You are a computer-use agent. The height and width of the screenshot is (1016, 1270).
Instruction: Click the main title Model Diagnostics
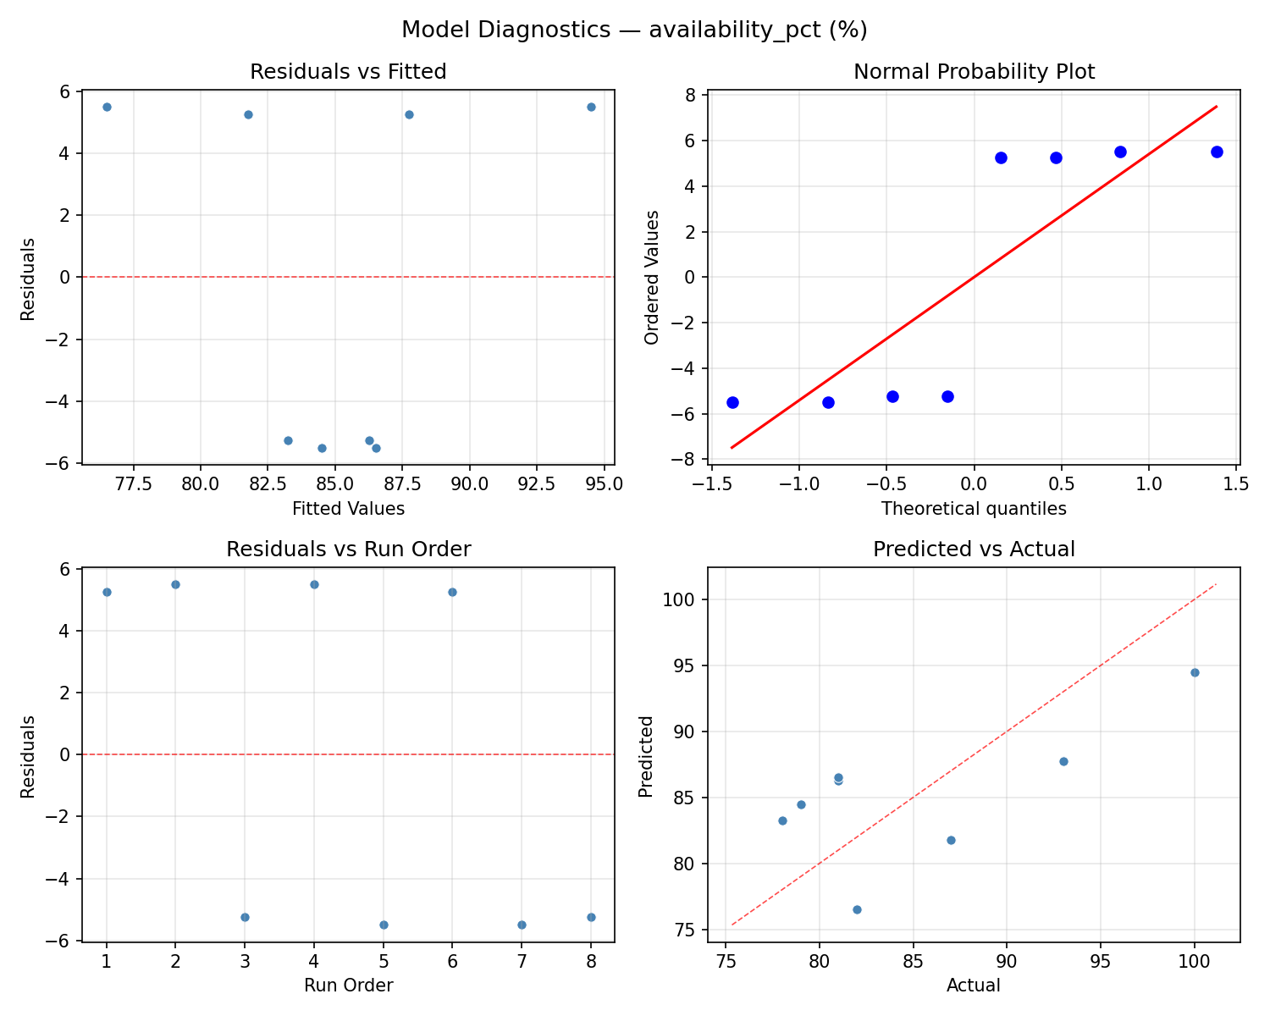[634, 30]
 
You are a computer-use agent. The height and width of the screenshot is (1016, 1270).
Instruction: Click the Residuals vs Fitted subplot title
[348, 72]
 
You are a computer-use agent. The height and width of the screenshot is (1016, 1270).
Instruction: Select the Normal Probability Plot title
[974, 72]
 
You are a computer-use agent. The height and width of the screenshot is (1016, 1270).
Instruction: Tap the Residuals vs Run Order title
[348, 549]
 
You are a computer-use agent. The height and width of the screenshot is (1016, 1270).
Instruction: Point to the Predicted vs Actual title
[974, 549]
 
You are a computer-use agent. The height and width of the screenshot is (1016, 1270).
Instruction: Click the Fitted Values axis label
[348, 509]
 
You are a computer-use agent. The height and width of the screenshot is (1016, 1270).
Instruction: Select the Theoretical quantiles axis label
[974, 509]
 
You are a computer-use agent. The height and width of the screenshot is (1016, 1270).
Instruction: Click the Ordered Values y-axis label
[651, 277]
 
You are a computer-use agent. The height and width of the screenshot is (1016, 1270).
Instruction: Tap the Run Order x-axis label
[348, 986]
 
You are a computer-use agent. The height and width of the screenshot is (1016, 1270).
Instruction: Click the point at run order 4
[314, 584]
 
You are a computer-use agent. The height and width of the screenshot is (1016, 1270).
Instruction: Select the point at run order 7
[522, 925]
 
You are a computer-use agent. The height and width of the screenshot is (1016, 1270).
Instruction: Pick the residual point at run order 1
[107, 592]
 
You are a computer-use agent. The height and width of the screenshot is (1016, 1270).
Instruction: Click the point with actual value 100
[1195, 672]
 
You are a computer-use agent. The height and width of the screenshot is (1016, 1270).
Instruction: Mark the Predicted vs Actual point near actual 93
[1063, 761]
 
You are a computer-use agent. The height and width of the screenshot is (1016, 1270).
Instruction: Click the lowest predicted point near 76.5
[857, 909]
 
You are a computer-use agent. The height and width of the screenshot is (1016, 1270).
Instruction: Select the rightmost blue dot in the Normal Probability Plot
[1217, 152]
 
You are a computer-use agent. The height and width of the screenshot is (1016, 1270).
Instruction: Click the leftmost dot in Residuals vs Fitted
[107, 107]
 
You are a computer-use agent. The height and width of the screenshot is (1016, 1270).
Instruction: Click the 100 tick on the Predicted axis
[685, 599]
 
